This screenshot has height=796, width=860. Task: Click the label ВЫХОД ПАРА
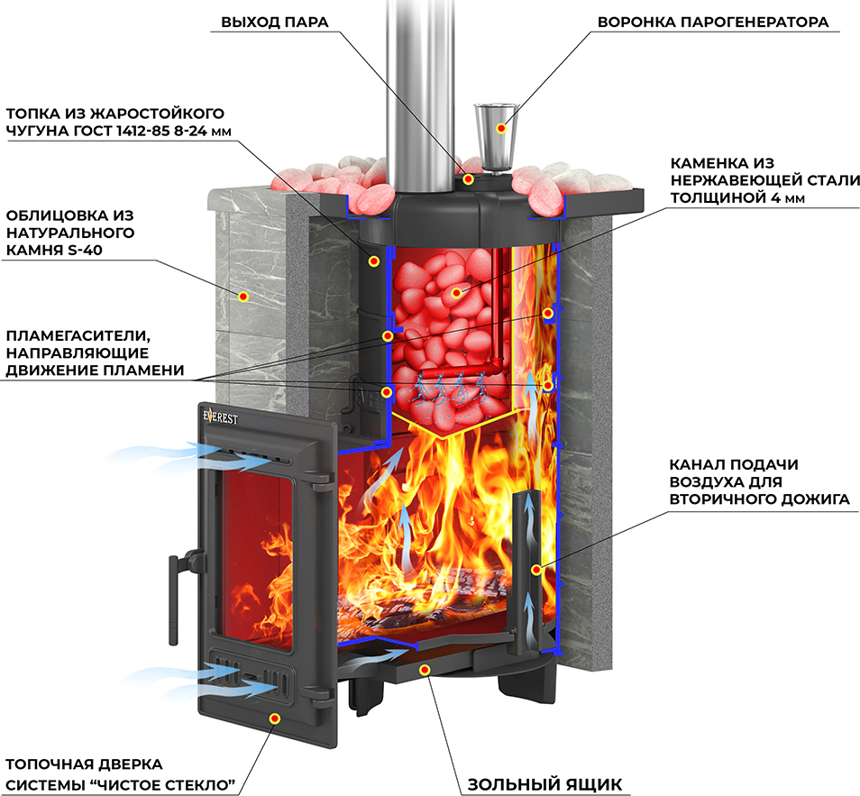tap(275, 22)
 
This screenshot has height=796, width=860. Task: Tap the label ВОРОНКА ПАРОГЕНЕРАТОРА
tap(713, 22)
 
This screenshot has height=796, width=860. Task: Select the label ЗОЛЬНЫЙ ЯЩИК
tap(544, 784)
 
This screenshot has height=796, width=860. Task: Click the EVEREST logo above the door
tap(221, 416)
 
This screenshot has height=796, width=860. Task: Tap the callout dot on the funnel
tap(500, 128)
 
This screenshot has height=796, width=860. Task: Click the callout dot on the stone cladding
tap(243, 297)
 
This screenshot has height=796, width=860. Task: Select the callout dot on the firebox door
tap(275, 718)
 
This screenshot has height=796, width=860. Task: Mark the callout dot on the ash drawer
tap(424, 669)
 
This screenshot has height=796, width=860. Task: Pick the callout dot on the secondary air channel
tap(536, 570)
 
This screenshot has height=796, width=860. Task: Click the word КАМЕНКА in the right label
tap(708, 163)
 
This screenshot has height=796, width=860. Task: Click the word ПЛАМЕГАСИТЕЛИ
tap(78, 335)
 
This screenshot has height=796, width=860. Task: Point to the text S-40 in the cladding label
tap(85, 250)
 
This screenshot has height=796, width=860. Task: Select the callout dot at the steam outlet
tap(468, 178)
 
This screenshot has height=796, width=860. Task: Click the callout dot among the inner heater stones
tap(457, 293)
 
